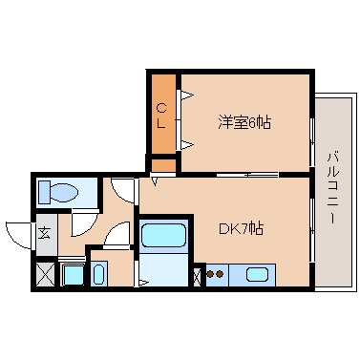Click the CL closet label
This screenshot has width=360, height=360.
tap(161, 116)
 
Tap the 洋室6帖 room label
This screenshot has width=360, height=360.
tap(244, 123)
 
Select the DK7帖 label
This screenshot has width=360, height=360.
tap(242, 228)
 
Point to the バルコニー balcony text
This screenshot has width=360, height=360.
tap(333, 188)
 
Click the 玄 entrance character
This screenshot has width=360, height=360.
tap(45, 234)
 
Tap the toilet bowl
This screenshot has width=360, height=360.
tap(64, 193)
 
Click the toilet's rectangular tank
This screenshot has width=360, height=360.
tap(44, 192)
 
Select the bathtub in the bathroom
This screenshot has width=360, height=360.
tap(163, 235)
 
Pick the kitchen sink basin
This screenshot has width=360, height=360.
tap(257, 274)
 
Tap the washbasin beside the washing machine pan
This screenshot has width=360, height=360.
tap(99, 274)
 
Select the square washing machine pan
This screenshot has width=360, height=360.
tap(73, 274)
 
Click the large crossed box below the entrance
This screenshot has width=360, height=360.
tap(45, 274)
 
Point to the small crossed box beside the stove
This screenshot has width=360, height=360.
tap(198, 277)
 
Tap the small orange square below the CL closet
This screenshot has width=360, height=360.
tap(163, 165)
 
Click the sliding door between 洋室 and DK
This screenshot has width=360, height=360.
tap(247, 175)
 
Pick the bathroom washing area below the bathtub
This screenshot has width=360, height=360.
tap(163, 268)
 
